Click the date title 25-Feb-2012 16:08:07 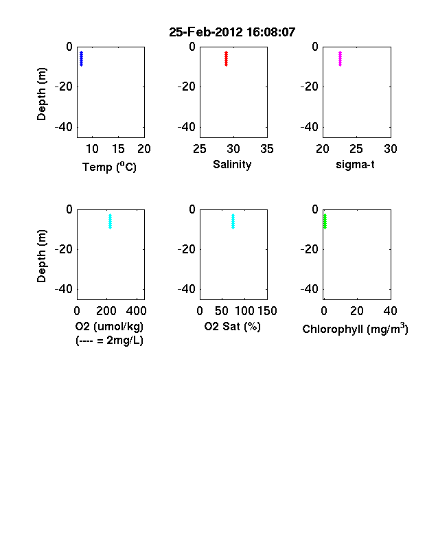point(232,32)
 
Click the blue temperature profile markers point(82,58)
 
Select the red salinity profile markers point(227,58)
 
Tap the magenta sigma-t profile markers point(340,58)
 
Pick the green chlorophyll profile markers point(325,222)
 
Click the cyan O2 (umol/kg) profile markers point(110,222)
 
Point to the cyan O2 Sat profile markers point(233,222)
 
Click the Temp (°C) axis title point(109,167)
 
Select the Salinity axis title point(232,165)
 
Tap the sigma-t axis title point(355,165)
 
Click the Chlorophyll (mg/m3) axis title point(355,329)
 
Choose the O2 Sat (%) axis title point(233,326)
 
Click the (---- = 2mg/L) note point(109,341)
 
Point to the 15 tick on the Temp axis point(118,149)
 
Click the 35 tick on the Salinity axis point(267,149)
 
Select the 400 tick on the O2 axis point(136,311)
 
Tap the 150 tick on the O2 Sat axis point(267,311)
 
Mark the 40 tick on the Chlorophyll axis point(390,311)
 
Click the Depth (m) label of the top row point(41,94)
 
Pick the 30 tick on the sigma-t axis point(391,149)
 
